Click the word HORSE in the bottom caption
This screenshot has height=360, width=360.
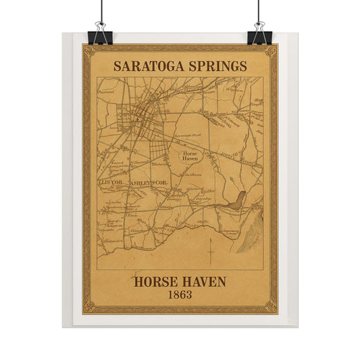(x=157, y=280)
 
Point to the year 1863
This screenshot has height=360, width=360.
(x=180, y=295)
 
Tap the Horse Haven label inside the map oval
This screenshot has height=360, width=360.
(x=189, y=156)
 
